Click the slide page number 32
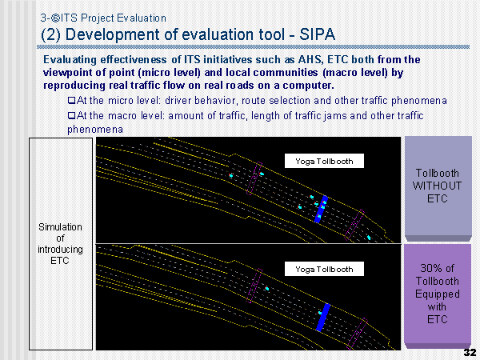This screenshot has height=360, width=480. [470, 352]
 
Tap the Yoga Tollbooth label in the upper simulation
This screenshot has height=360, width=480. [324, 161]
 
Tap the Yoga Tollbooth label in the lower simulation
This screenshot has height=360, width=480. [324, 269]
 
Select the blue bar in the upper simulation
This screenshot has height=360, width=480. [321, 209]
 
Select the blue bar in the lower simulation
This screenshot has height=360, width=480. [323, 317]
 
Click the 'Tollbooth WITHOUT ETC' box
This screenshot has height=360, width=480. [438, 189]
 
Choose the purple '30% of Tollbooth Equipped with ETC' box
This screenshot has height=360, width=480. [438, 296]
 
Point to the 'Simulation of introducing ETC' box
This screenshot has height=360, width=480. [61, 244]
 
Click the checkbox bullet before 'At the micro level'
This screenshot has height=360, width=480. [72, 100]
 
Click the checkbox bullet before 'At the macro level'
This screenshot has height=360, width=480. [72, 115]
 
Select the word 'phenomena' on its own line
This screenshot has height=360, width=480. [95, 130]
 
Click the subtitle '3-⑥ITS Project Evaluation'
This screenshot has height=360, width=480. [103, 18]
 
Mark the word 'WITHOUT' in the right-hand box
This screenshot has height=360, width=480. [437, 186]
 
